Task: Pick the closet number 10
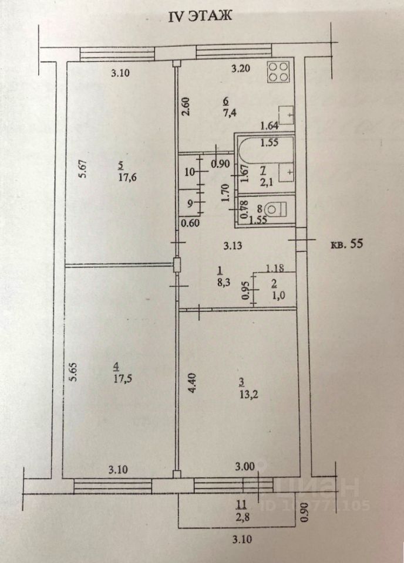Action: tap(188, 172)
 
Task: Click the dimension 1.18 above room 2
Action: tap(275, 269)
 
